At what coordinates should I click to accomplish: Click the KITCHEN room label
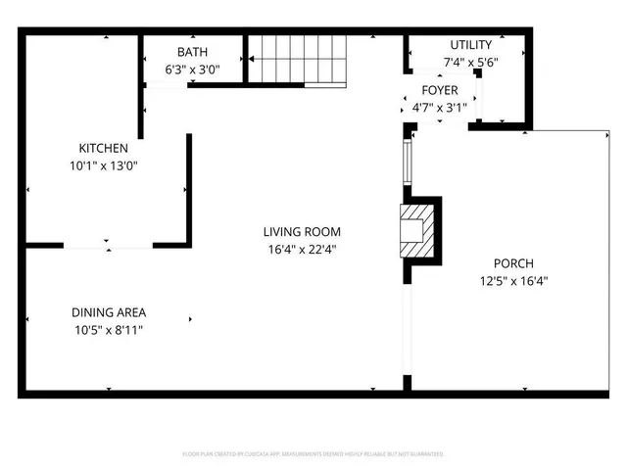(x=104, y=148)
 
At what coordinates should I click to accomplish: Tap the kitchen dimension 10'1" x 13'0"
(x=104, y=165)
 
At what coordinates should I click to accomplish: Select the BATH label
(x=192, y=52)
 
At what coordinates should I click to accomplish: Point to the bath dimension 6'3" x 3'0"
(x=192, y=70)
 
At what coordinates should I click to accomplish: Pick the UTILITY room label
(x=470, y=45)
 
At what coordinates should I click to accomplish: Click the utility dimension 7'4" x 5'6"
(x=470, y=63)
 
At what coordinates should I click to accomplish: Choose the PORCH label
(x=512, y=263)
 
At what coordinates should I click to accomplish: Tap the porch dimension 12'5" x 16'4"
(x=512, y=281)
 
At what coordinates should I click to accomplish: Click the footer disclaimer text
(x=313, y=454)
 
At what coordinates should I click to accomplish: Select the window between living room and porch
(x=408, y=160)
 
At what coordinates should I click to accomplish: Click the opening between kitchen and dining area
(x=108, y=244)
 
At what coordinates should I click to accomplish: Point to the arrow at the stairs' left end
(x=252, y=59)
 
